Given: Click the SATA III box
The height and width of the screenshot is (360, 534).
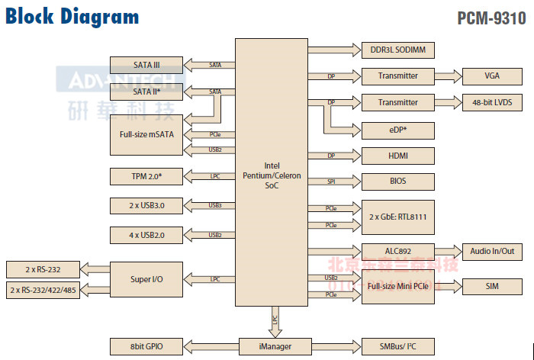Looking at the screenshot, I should click(146, 65).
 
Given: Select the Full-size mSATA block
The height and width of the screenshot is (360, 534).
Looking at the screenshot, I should click(146, 134).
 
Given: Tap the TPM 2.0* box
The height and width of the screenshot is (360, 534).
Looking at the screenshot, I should click(146, 177).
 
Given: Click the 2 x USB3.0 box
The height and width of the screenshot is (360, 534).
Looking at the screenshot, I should click(146, 206).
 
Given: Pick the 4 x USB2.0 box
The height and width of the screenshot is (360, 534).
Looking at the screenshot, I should click(146, 234).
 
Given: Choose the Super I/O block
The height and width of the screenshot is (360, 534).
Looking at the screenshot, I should click(146, 280).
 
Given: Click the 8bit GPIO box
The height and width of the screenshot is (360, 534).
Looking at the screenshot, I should click(146, 346).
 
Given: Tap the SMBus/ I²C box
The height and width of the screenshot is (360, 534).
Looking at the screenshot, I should click(397, 346).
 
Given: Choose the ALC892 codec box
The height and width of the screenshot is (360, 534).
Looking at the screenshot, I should click(397, 251).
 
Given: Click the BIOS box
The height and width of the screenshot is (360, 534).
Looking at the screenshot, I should click(397, 182).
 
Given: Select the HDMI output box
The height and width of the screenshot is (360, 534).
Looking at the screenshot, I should click(397, 156).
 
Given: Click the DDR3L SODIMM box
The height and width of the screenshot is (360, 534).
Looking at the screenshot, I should click(397, 50).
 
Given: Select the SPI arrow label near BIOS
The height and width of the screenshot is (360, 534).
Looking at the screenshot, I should click(331, 182).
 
